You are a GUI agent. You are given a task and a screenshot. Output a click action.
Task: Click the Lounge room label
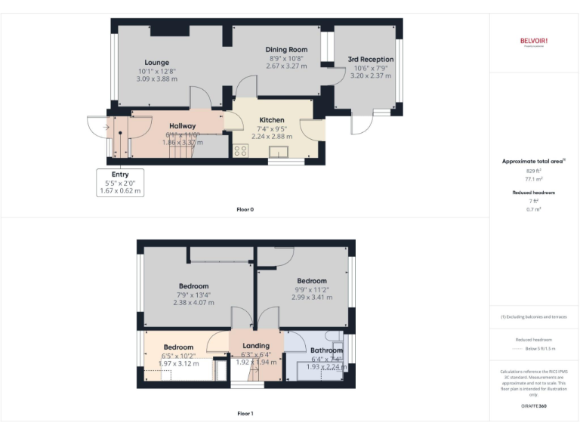pyautogui.click(x=157, y=63)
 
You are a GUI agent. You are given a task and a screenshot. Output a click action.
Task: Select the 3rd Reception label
pyautogui.click(x=370, y=59)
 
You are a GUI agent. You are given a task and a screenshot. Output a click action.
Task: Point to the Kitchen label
pyautogui.click(x=272, y=120)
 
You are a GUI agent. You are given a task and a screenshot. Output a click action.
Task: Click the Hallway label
pyautogui.click(x=182, y=126)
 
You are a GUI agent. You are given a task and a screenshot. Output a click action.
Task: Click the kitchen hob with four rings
pyautogui.click(x=241, y=150)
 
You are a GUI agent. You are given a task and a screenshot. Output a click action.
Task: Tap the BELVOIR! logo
pyautogui.click(x=533, y=41)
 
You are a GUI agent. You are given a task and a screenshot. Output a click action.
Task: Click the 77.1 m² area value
pyautogui.click(x=534, y=180)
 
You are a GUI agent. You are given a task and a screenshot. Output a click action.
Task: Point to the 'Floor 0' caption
pyautogui.click(x=245, y=208)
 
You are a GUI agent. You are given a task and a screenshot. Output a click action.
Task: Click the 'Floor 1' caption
pyautogui.click(x=245, y=413)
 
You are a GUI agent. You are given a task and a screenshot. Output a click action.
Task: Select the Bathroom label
pyautogui.click(x=326, y=350)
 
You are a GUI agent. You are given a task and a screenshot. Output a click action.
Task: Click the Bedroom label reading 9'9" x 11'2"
pyautogui.click(x=311, y=281)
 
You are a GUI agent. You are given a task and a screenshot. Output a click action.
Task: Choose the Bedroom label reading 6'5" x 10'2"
pyautogui.click(x=179, y=347)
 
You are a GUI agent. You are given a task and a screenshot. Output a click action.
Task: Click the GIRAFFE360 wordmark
pyautogui.click(x=534, y=406)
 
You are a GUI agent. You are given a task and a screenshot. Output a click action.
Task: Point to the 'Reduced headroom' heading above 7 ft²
pyautogui.click(x=534, y=193)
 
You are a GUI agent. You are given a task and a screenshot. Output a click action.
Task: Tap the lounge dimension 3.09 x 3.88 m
pyautogui.click(x=157, y=79)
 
